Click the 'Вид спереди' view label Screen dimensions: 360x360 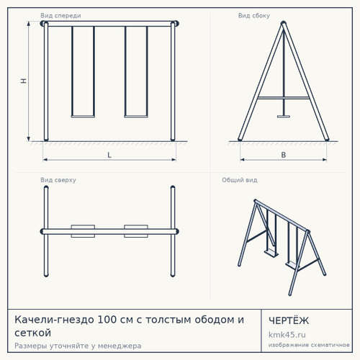[x=60, y=16]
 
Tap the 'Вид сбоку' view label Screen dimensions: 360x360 [x=254, y=16]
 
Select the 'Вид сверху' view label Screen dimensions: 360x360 [x=58, y=180]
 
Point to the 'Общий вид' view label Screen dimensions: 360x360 [x=240, y=180]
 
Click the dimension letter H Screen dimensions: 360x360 [x=24, y=81]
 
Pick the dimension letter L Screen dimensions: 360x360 [x=109, y=155]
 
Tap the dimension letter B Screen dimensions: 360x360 [x=284, y=155]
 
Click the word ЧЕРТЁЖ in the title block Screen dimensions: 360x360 [x=289, y=320]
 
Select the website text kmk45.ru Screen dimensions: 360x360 [x=287, y=335]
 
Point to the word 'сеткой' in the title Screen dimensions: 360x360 [x=32, y=333]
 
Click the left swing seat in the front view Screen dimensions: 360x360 [x=83, y=117]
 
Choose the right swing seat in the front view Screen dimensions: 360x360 [x=136, y=117]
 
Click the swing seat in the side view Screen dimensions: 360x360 [x=284, y=117]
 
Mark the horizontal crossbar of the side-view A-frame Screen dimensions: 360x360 [x=284, y=98]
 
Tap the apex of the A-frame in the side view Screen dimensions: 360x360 [x=284, y=22]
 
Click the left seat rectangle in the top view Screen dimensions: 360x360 [x=83, y=231]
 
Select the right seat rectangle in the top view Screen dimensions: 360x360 [x=136, y=231]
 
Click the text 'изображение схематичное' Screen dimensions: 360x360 [x=309, y=345]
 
